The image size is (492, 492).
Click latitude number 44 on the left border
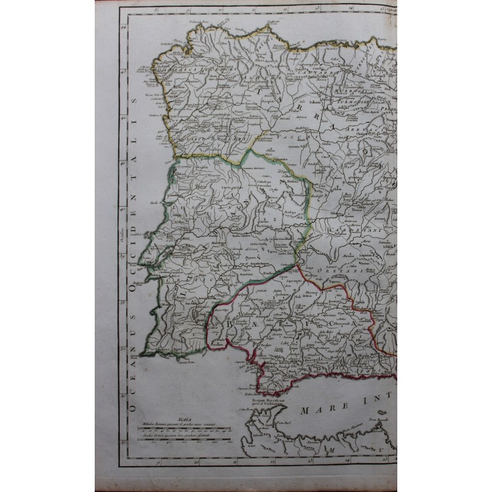(123, 27)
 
